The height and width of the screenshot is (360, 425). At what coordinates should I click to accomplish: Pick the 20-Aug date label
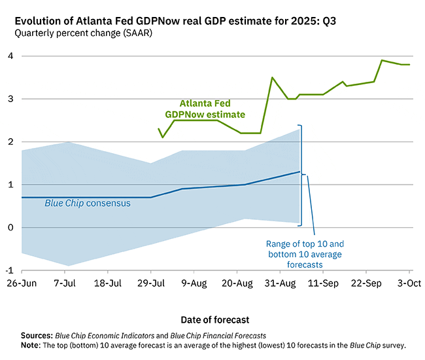(237, 283)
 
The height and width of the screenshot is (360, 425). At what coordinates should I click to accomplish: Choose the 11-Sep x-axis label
(323, 283)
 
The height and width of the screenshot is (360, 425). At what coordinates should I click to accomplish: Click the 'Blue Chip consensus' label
(87, 204)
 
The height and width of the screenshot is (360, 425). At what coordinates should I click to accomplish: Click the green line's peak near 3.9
(382, 60)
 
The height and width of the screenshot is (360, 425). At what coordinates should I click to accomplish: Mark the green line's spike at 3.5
(272, 78)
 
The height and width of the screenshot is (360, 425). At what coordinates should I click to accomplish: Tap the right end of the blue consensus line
(299, 171)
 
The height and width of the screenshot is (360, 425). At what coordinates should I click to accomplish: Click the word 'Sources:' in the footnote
(37, 334)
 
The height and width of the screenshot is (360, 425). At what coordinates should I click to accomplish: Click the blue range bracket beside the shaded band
(301, 174)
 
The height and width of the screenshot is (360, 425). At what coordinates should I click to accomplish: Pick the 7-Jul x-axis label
(65, 283)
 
